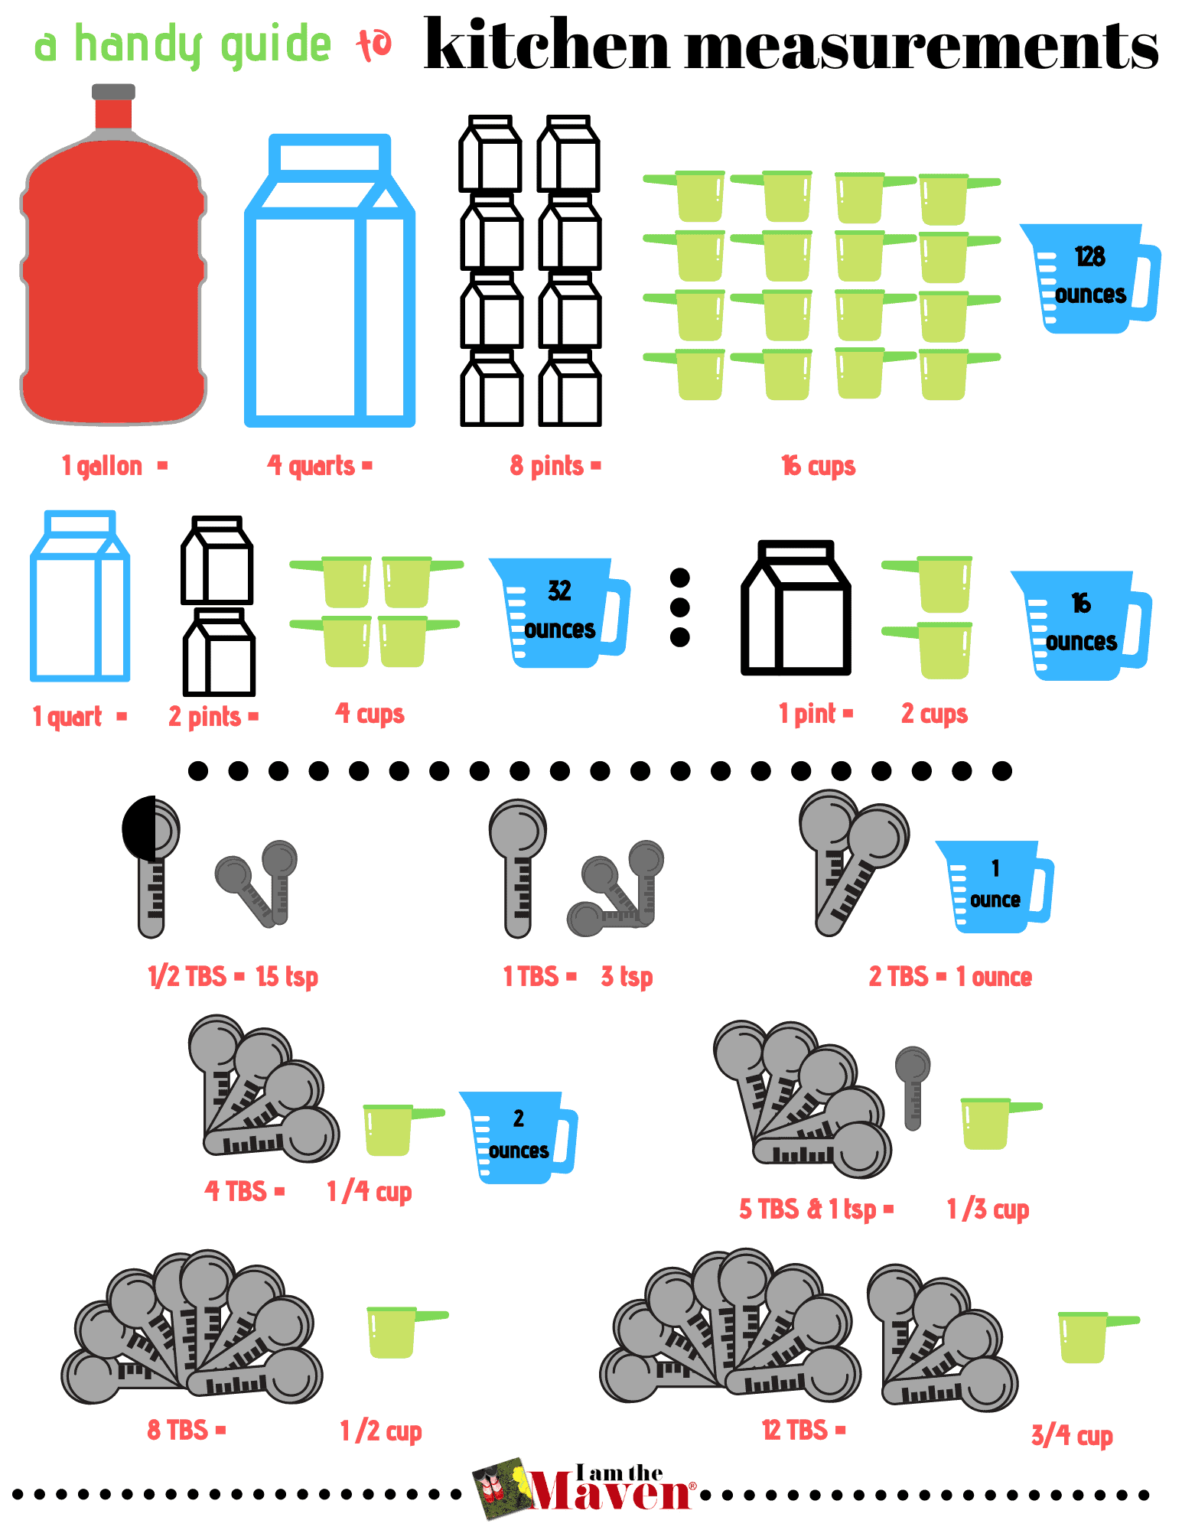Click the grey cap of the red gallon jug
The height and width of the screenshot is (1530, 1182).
pyautogui.click(x=113, y=92)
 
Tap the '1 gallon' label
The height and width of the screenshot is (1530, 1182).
pyautogui.click(x=103, y=466)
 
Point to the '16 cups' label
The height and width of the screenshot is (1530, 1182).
pyautogui.click(x=818, y=466)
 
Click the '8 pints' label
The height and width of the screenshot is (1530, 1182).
pyautogui.click(x=547, y=466)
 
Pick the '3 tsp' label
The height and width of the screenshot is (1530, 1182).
pyautogui.click(x=627, y=977)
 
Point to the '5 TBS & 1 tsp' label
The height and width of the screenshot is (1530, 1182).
pyautogui.click(x=808, y=1209)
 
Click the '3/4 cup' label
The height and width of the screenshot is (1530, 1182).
pyautogui.click(x=1071, y=1436)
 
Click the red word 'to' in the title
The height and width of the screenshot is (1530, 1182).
pyautogui.click(x=374, y=44)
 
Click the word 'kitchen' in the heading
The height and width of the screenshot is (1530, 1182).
pyautogui.click(x=546, y=46)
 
